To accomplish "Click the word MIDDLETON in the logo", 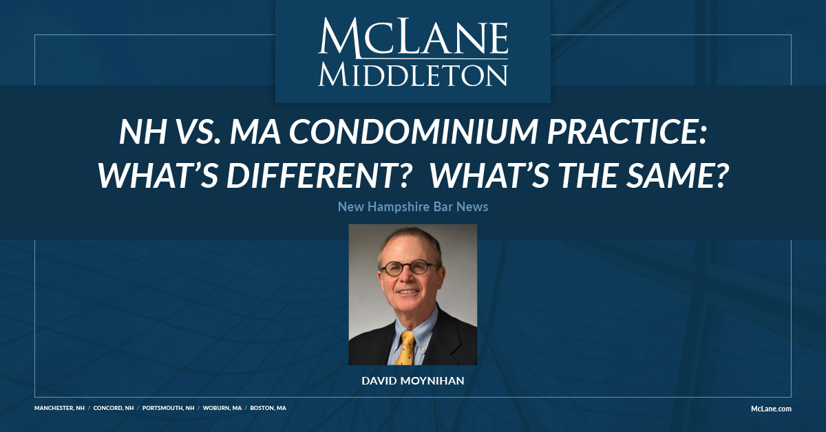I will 413,74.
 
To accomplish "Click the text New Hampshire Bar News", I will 413,206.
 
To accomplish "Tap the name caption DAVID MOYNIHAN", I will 413,379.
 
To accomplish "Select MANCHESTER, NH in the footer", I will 59,408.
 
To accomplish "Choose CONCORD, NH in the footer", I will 114,408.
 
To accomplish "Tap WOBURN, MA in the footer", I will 223,408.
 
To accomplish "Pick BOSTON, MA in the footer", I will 268,408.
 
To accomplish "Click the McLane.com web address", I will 771,408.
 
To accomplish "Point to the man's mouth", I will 407,292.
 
